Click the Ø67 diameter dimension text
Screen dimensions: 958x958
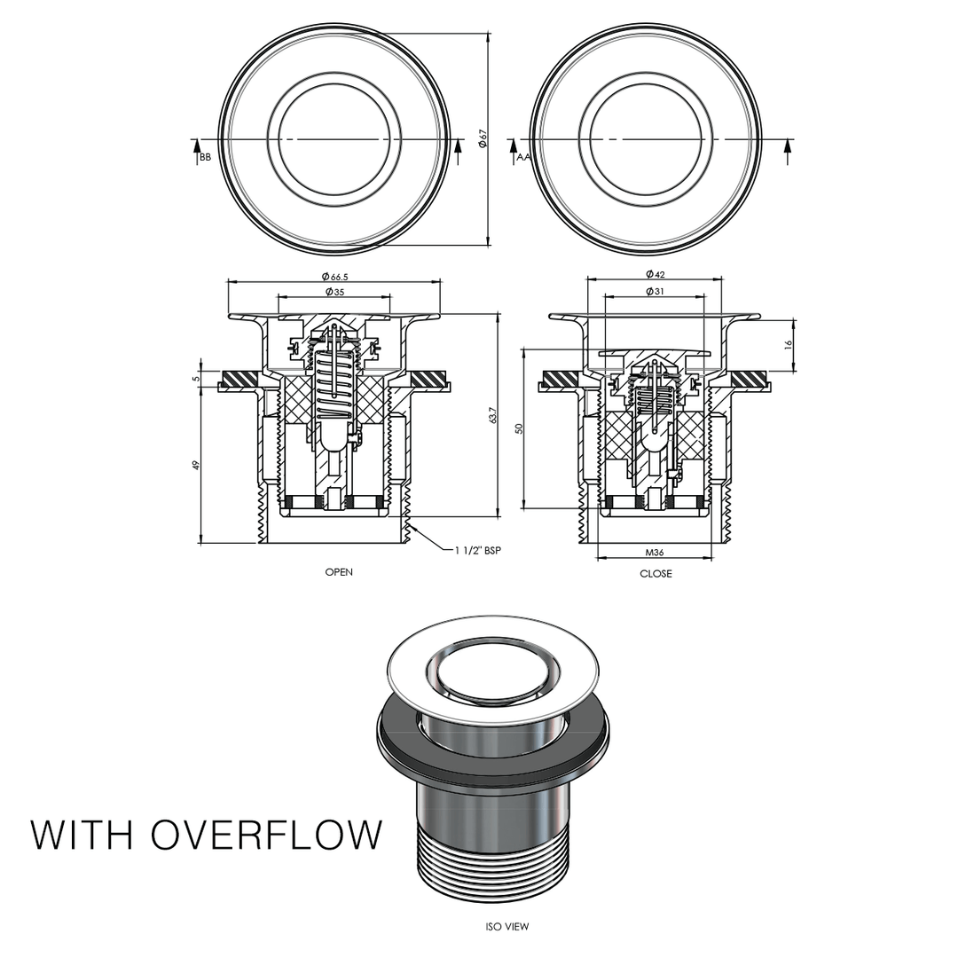coord(482,139)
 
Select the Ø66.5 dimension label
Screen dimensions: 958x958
coord(334,277)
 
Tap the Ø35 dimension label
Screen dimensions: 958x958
coord(334,292)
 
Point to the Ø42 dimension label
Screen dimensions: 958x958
coord(656,274)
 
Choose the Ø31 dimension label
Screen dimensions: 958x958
coord(656,291)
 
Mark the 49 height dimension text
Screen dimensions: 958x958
coord(196,464)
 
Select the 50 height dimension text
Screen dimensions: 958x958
coord(520,428)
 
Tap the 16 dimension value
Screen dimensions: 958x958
coord(789,343)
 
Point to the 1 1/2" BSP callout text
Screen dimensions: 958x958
coord(478,551)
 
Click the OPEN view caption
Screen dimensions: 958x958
coord(339,572)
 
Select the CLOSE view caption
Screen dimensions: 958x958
coord(656,574)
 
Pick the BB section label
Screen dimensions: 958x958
coord(205,157)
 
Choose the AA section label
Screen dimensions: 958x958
coord(522,157)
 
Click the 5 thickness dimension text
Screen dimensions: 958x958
coord(196,378)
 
